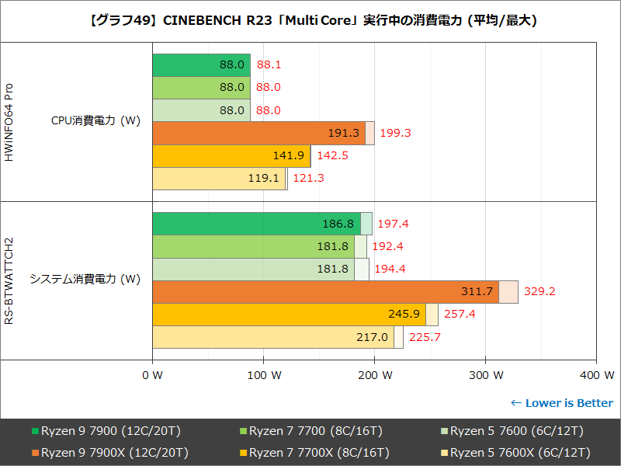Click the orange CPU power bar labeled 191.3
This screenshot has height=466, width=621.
click(258, 134)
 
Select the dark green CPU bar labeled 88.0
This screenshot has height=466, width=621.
click(201, 65)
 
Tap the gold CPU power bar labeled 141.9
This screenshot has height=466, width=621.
click(231, 156)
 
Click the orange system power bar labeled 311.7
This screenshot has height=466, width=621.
click(325, 292)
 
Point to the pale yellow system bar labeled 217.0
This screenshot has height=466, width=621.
click(272, 337)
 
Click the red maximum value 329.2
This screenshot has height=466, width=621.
click(539, 292)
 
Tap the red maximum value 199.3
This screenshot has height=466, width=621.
click(395, 134)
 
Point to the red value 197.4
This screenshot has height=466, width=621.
click(392, 224)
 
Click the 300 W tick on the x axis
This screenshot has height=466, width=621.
click(485, 376)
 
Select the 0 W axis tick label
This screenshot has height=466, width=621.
click(152, 376)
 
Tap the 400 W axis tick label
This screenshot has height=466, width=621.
click(596, 376)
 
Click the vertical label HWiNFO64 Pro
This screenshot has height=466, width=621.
click(9, 122)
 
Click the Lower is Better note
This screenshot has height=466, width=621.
click(561, 403)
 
